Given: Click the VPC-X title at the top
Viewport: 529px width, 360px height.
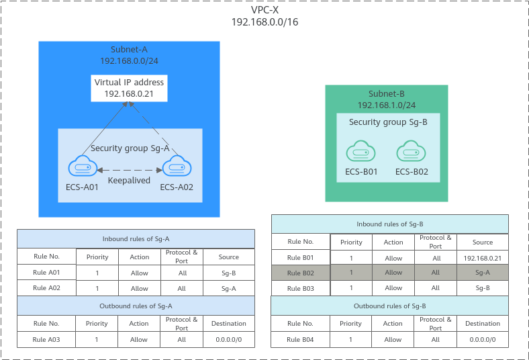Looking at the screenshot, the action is (265, 10).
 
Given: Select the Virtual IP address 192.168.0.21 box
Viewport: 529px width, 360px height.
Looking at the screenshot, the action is (129, 88).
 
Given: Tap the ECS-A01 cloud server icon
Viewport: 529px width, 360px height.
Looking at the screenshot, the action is (83, 166).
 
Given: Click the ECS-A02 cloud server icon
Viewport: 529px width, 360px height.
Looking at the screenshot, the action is (177, 166).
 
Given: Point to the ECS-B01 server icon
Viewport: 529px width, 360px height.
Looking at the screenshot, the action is (360, 151).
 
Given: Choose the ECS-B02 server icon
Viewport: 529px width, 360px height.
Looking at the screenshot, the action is (411, 151).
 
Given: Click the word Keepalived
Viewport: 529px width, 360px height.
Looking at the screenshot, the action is (129, 181).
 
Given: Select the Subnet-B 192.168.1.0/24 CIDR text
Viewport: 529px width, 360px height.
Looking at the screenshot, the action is (387, 105).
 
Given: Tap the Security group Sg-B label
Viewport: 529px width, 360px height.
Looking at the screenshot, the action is (388, 122).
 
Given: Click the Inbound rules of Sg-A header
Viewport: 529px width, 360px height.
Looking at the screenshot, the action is (136, 239).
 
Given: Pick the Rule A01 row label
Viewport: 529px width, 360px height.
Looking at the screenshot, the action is (46, 272).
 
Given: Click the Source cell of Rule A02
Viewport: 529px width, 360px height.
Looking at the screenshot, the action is (229, 289).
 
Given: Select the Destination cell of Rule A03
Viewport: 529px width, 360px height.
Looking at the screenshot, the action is (229, 339).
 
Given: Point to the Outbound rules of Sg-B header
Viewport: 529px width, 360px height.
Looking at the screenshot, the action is (389, 306).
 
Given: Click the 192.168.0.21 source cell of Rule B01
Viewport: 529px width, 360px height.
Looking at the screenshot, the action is (483, 259).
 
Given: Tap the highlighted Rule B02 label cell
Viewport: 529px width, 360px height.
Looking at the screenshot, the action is (301, 273).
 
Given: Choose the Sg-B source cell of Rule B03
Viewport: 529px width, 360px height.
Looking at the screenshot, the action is (483, 288).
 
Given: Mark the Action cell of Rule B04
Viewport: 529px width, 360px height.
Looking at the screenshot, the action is (393, 339).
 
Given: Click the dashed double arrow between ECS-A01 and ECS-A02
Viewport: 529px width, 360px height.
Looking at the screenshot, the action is (130, 171).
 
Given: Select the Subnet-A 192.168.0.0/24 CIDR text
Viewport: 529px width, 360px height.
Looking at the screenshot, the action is (129, 60).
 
